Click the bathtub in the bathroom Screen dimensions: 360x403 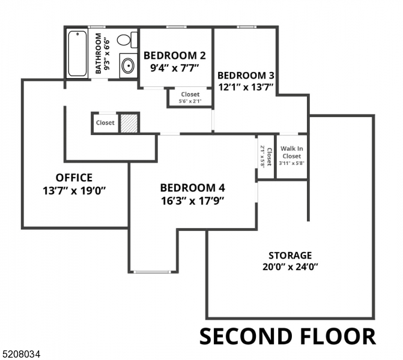(77, 53)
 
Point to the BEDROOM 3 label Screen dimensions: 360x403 (246, 76)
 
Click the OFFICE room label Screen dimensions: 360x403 (74, 178)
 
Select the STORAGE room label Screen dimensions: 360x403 (290, 255)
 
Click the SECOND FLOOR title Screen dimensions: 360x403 (287, 337)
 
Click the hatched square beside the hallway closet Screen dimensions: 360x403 (129, 123)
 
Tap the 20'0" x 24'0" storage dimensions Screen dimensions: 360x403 (290, 266)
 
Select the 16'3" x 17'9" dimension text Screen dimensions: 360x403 (193, 200)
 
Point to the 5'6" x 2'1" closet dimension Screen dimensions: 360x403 (190, 101)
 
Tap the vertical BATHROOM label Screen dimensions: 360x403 (98, 53)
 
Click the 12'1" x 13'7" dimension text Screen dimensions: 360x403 (246, 87)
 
